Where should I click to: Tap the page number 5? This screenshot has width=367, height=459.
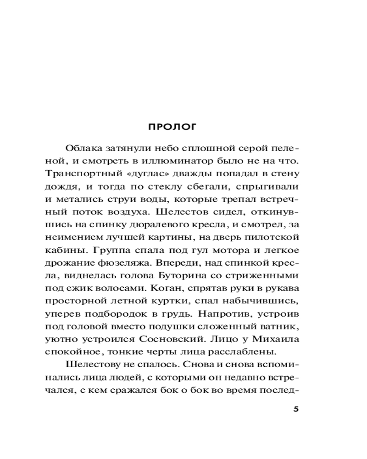tap(295, 409)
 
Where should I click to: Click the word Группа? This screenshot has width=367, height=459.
tap(111, 251)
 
